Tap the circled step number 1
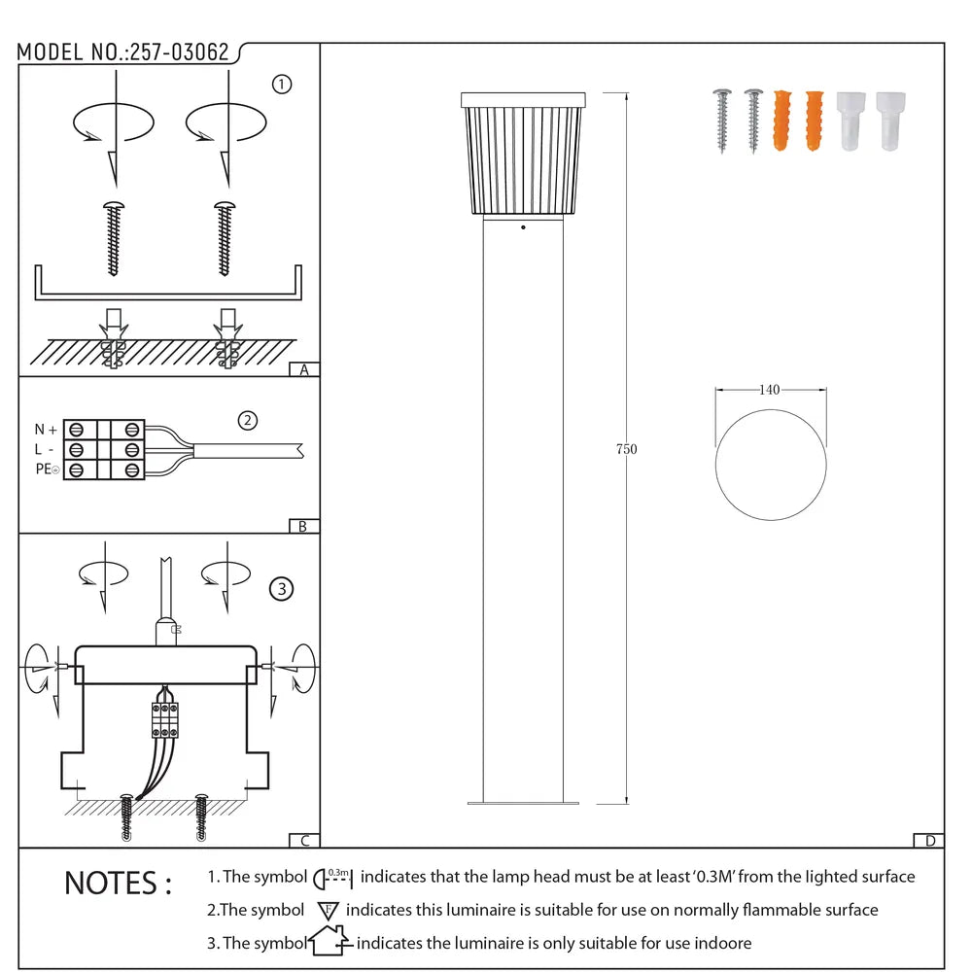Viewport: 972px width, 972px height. click(282, 85)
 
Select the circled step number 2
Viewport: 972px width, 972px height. click(248, 420)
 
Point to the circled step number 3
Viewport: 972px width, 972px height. click(281, 588)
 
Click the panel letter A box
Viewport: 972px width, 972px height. click(304, 369)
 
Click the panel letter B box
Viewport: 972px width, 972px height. click(304, 526)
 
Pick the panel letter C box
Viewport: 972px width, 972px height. click(304, 841)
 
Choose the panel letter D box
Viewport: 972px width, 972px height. click(929, 841)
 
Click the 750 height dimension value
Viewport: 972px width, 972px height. click(627, 449)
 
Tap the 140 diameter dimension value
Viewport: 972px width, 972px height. click(769, 390)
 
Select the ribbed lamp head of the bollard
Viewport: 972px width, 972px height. click(523, 156)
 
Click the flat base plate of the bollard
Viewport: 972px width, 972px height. click(523, 803)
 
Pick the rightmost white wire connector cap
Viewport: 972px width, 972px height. click(889, 121)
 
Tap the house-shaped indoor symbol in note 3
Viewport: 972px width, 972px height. click(329, 942)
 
